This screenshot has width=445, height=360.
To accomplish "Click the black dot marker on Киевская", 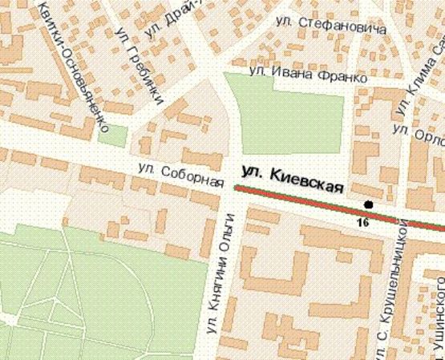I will coord(369,204).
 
